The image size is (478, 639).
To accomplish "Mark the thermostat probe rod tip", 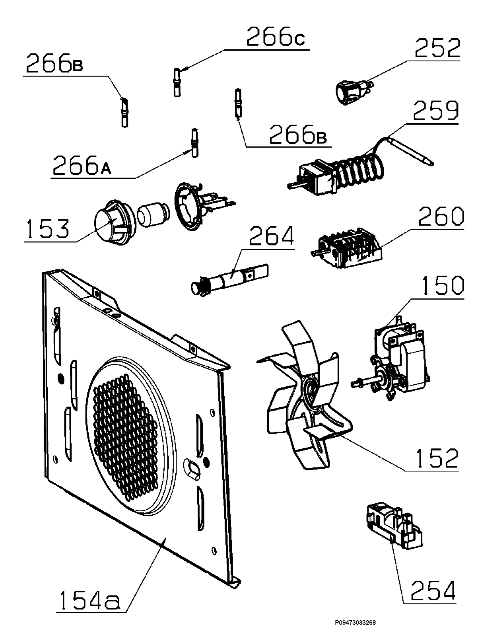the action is tap(432, 164).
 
